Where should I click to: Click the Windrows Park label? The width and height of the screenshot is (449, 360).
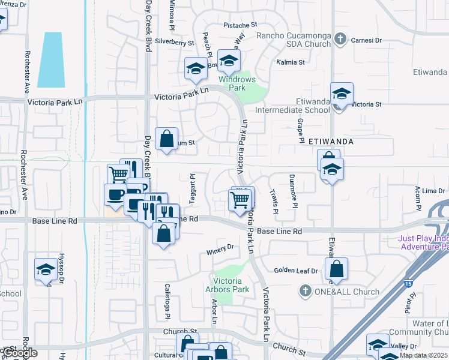[x=237, y=83]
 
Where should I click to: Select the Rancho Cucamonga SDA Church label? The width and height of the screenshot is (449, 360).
[x=294, y=40]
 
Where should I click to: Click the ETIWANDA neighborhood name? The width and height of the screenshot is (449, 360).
[x=330, y=142]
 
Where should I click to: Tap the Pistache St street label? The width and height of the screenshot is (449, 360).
[x=240, y=25]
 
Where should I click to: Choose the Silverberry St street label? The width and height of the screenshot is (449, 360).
[x=175, y=43]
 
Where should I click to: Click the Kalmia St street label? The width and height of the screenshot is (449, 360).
[x=291, y=62]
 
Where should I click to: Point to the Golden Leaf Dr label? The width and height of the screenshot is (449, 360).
[x=296, y=271]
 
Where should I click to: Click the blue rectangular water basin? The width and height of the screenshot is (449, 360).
[x=51, y=59]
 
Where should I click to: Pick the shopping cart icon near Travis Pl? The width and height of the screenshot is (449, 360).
[x=240, y=199]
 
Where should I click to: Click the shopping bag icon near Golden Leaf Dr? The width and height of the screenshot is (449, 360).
[x=337, y=269]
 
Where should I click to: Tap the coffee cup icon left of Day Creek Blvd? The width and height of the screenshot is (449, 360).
[x=115, y=194]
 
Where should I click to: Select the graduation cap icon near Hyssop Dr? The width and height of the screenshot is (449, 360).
[x=46, y=269]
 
